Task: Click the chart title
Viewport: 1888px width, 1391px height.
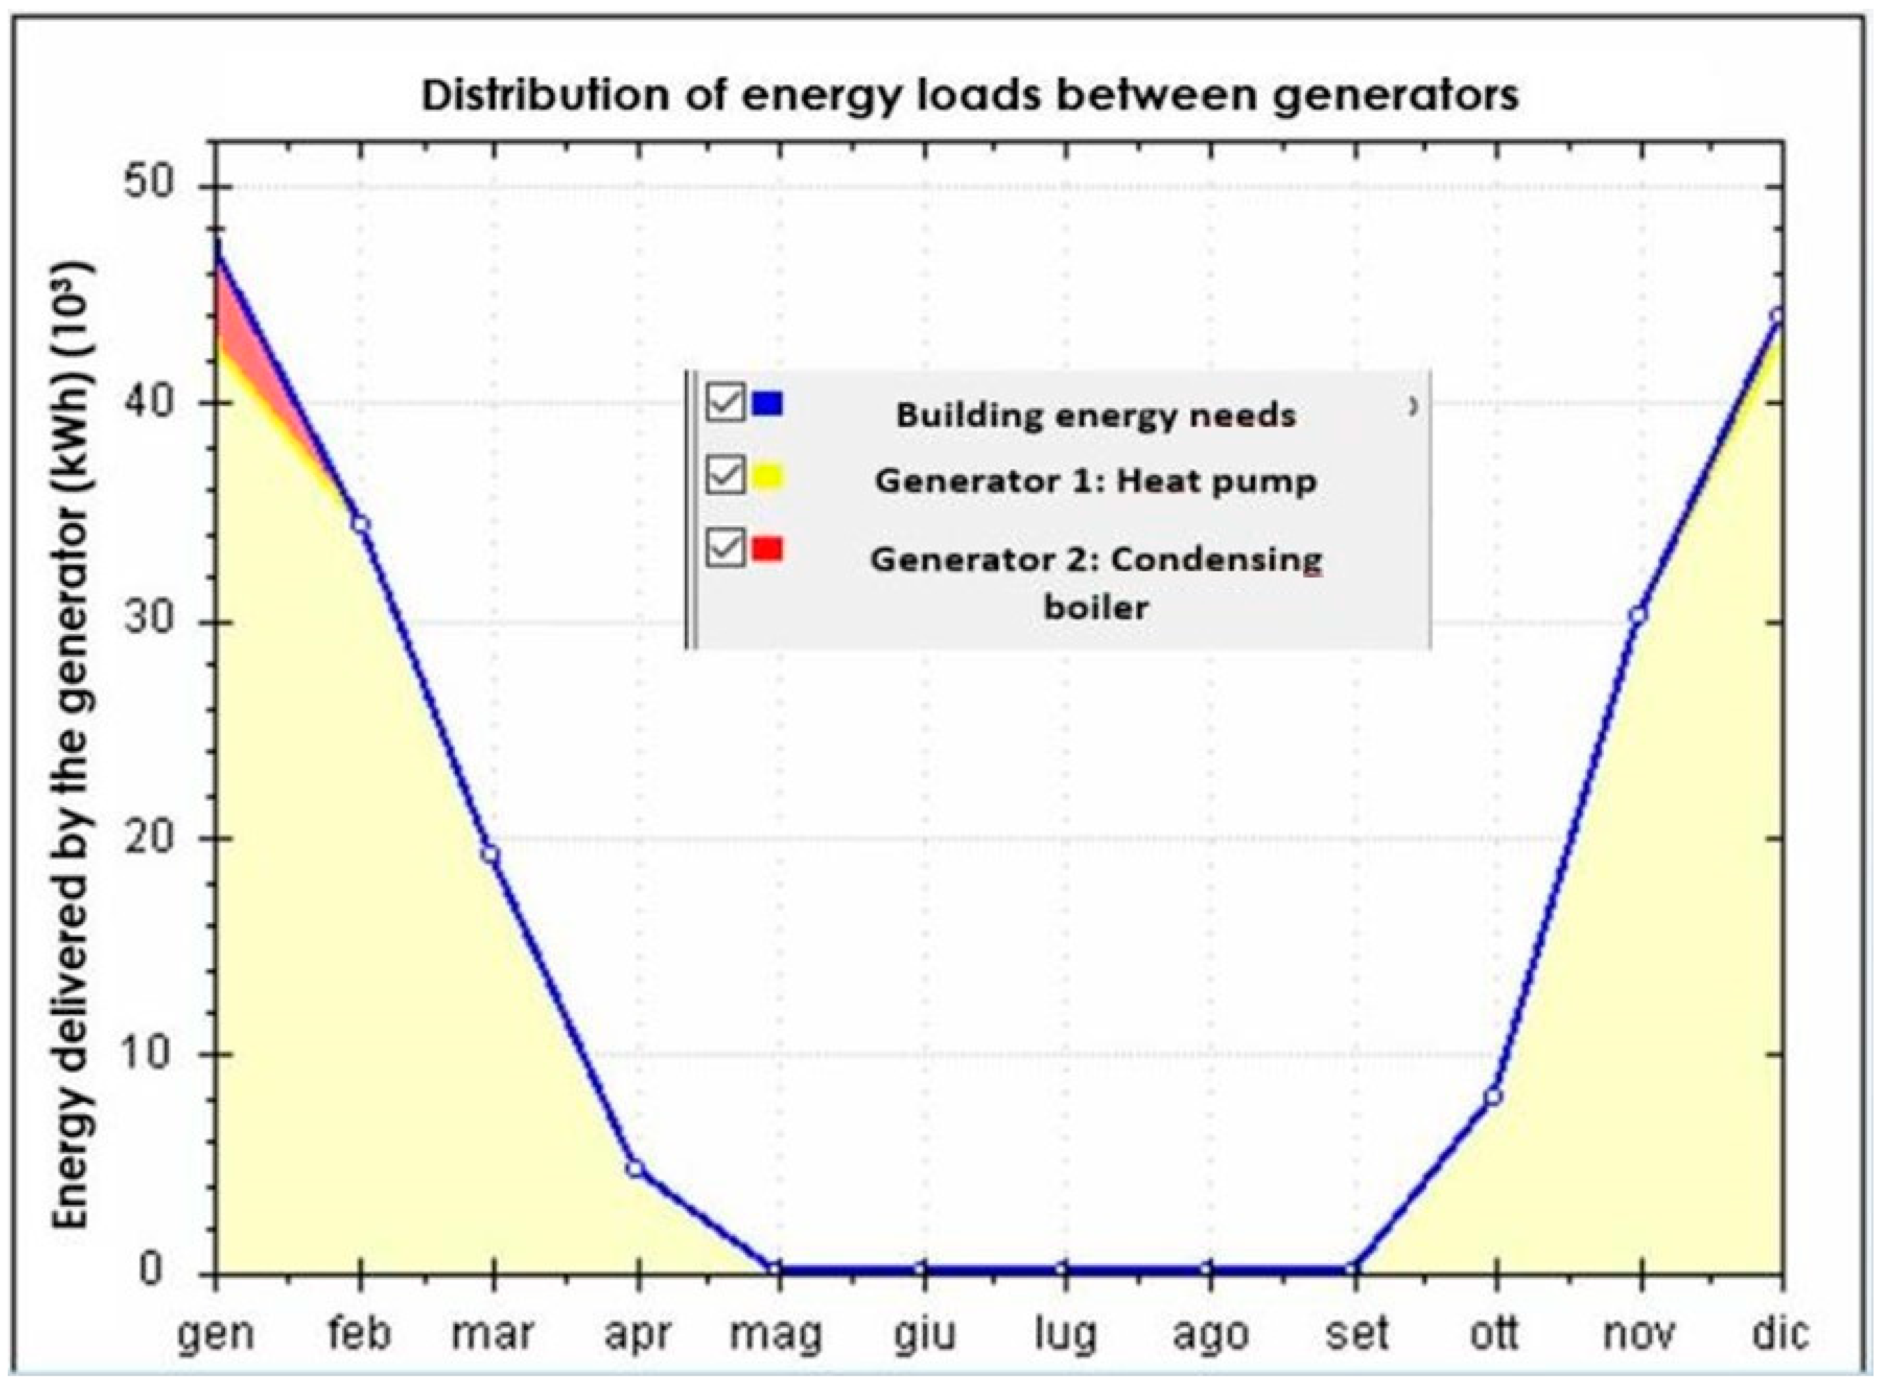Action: pos(969,95)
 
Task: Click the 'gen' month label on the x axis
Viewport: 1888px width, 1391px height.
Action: pos(216,1333)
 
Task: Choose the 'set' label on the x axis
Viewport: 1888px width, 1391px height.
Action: pos(1355,1333)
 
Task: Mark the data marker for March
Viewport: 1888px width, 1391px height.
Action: pos(490,855)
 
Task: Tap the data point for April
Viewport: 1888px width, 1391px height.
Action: pos(636,1168)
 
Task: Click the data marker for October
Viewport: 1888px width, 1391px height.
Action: pos(1494,1097)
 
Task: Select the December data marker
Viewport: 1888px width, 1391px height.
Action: pos(1778,316)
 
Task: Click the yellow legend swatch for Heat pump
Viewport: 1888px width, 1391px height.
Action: pos(767,478)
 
